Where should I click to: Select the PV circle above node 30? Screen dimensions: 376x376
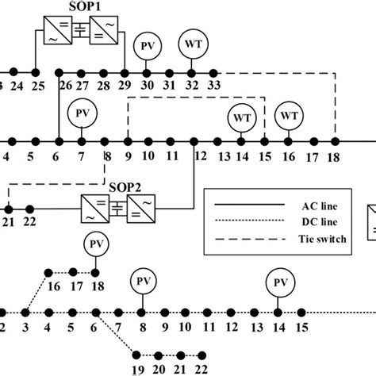147,45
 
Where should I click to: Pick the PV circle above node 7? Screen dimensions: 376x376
81,113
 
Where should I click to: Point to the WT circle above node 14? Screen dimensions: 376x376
241,117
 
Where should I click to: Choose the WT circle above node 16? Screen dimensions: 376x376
289,116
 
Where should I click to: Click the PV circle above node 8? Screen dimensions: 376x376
142,282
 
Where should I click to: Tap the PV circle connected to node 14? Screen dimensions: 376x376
278,282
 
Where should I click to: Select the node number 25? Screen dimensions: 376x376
37,86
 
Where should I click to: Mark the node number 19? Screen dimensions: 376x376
138,368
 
